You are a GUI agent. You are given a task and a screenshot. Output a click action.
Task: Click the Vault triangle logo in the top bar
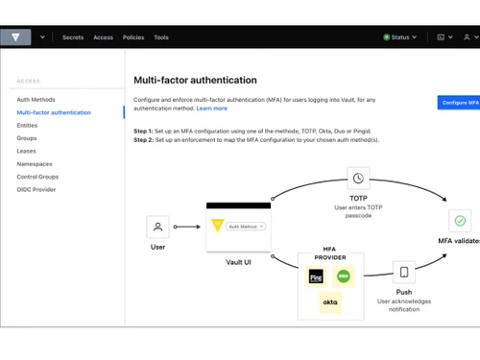click(x=15, y=37)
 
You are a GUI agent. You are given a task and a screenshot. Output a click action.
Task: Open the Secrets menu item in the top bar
click(x=73, y=37)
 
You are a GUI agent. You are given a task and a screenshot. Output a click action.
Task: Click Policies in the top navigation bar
click(x=133, y=37)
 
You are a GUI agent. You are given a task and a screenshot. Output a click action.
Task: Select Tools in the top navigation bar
click(x=161, y=37)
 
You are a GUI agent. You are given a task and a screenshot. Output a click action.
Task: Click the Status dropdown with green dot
click(x=398, y=37)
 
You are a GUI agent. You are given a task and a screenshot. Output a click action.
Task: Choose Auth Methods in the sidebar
click(x=36, y=100)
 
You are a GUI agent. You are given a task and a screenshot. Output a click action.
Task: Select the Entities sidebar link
click(x=27, y=125)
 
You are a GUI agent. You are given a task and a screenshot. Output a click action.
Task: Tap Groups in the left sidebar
click(x=27, y=138)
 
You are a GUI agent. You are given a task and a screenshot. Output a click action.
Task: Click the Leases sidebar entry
click(x=27, y=151)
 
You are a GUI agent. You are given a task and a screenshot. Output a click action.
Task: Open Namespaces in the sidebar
click(x=35, y=164)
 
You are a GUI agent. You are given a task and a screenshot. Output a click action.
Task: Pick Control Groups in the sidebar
click(x=37, y=177)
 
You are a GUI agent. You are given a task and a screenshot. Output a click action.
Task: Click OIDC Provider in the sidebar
click(x=36, y=189)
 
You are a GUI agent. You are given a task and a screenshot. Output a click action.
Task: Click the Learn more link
click(x=212, y=108)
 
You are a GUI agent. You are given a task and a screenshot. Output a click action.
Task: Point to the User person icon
click(x=157, y=227)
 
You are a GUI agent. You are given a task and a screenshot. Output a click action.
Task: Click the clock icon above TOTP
click(x=358, y=179)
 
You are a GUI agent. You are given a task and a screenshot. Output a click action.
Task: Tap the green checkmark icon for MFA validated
click(x=459, y=221)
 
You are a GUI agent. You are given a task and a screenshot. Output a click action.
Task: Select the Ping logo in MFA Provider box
click(x=316, y=276)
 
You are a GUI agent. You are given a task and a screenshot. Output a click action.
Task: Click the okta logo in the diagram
click(x=329, y=302)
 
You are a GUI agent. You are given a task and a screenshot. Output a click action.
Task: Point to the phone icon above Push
click(x=404, y=272)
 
